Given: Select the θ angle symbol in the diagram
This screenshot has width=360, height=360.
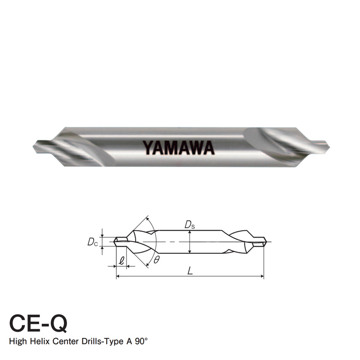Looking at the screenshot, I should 156,260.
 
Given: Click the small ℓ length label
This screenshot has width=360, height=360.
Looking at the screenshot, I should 121,260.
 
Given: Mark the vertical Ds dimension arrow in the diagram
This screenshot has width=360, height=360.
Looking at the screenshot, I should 190,242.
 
